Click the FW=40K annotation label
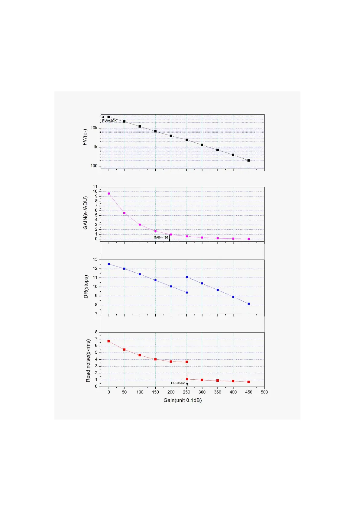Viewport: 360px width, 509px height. (109, 121)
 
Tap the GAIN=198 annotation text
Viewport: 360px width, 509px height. (161, 238)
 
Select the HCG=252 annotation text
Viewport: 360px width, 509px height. (178, 383)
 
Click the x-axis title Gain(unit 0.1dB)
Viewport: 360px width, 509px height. (183, 400)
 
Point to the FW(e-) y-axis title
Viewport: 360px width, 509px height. (85, 137)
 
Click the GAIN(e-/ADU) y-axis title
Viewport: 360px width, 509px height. (86, 213)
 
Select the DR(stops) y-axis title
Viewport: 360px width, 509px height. (86, 287)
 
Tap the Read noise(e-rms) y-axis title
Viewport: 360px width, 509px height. (88, 361)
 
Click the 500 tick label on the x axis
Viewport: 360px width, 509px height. (264, 392)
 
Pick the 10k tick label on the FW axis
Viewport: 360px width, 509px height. (94, 128)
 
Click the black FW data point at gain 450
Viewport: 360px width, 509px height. (248, 160)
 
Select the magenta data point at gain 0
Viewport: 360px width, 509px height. (109, 193)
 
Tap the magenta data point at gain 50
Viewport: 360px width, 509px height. (124, 213)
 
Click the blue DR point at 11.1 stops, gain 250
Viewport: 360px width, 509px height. (187, 277)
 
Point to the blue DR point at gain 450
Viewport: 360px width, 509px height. (248, 304)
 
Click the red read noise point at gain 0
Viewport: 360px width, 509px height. (109, 341)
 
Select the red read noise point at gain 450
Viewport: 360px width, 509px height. (248, 382)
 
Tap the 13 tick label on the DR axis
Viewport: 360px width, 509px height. (96, 259)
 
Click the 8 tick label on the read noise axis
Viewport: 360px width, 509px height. (96, 332)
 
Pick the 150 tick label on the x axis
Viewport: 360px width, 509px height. (155, 392)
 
